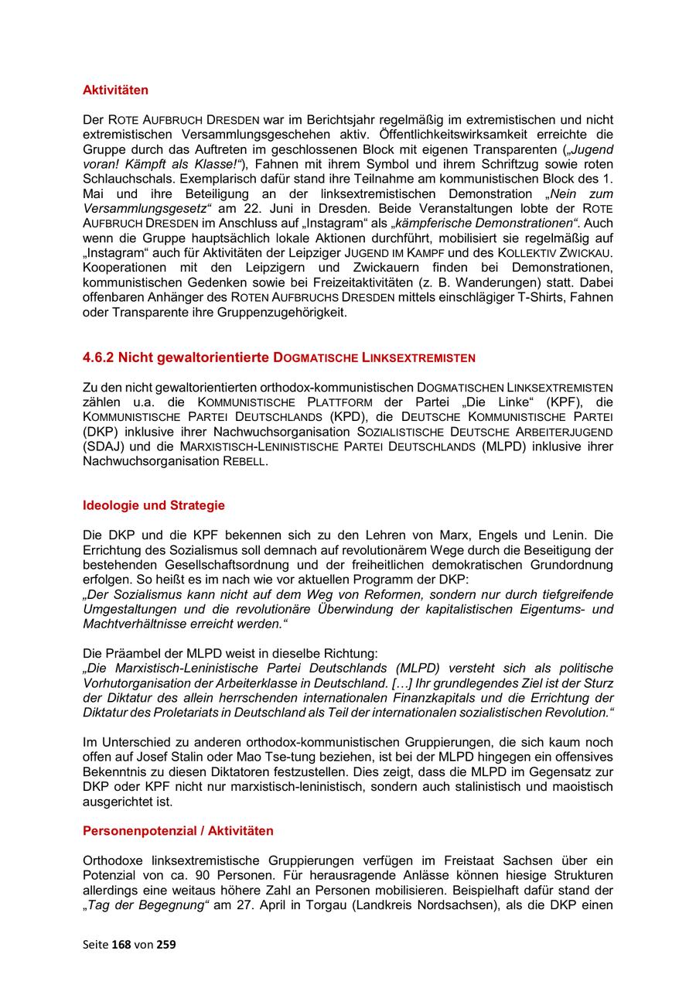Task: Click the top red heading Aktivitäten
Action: [x=115, y=91]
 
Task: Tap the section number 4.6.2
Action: [x=98, y=357]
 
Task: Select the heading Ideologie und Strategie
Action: [x=153, y=505]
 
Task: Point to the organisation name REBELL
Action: [x=244, y=461]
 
